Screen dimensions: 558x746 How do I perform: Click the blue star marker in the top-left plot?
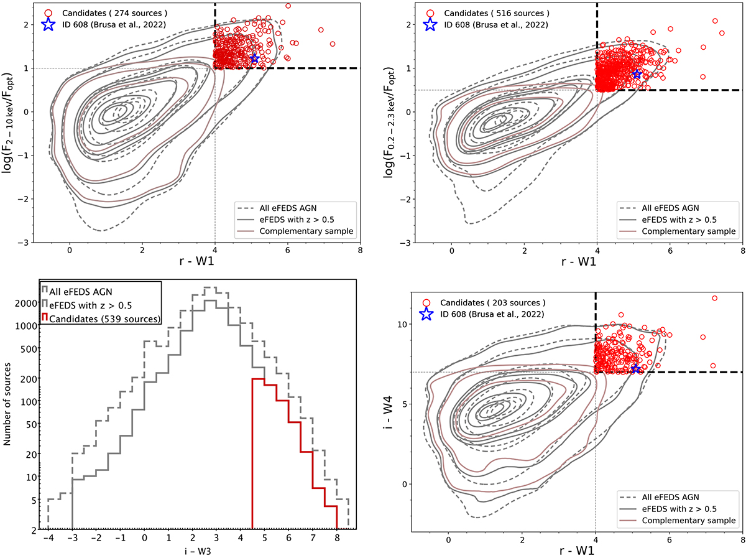[x=254, y=58]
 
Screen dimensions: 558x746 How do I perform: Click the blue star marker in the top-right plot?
[x=637, y=74]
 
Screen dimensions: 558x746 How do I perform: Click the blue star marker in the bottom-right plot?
[x=635, y=369]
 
